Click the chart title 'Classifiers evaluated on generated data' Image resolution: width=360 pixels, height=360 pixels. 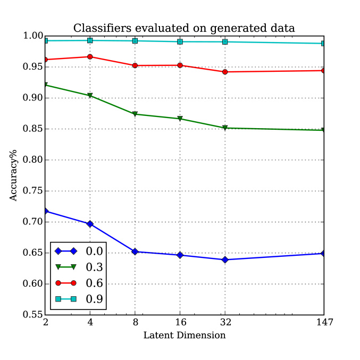[183, 28]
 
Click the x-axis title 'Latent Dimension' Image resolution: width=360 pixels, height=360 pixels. [185, 336]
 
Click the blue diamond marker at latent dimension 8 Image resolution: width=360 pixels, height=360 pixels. [135, 252]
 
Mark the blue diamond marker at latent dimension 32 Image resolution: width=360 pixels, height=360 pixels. [225, 259]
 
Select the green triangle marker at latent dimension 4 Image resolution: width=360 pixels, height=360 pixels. [90, 96]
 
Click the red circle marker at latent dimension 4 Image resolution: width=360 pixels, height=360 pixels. [90, 56]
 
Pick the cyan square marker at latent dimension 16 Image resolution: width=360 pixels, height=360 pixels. [180, 41]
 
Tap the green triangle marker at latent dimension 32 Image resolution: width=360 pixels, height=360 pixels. [225, 128]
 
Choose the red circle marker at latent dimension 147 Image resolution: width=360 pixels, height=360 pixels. [323, 70]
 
